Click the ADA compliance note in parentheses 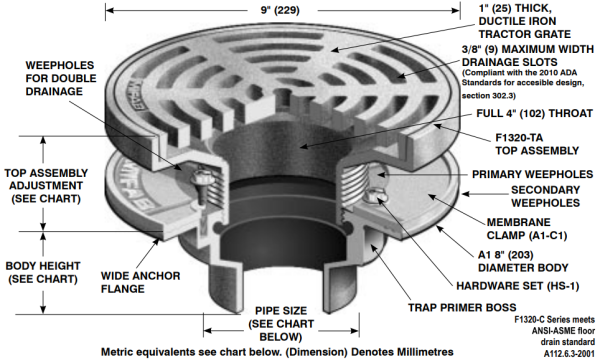point(528,81)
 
